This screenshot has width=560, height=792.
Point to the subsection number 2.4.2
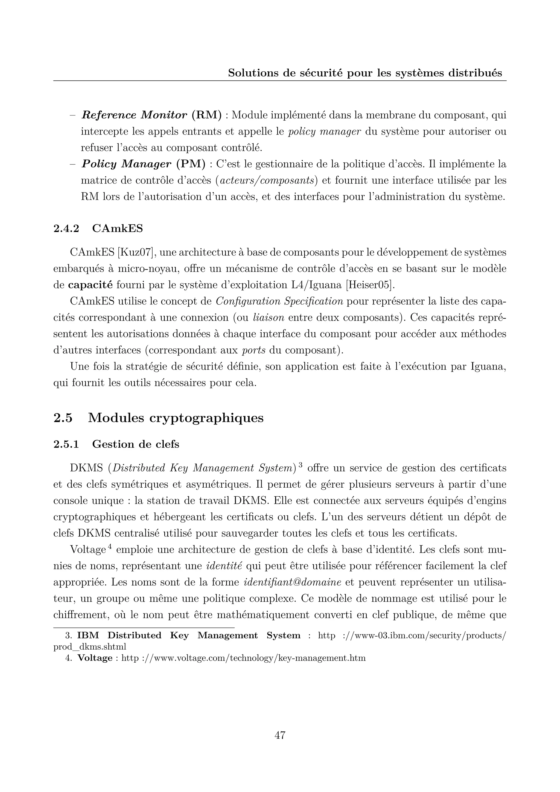[66, 228]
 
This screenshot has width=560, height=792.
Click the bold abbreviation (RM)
[206, 115]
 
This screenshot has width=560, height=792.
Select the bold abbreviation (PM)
[191, 164]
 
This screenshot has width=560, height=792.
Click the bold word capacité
[90, 285]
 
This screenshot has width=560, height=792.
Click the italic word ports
[254, 350]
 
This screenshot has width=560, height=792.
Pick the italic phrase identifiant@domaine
[292, 582]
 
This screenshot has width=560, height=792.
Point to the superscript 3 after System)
[300, 464]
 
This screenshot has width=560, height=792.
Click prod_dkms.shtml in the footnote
[90, 647]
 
